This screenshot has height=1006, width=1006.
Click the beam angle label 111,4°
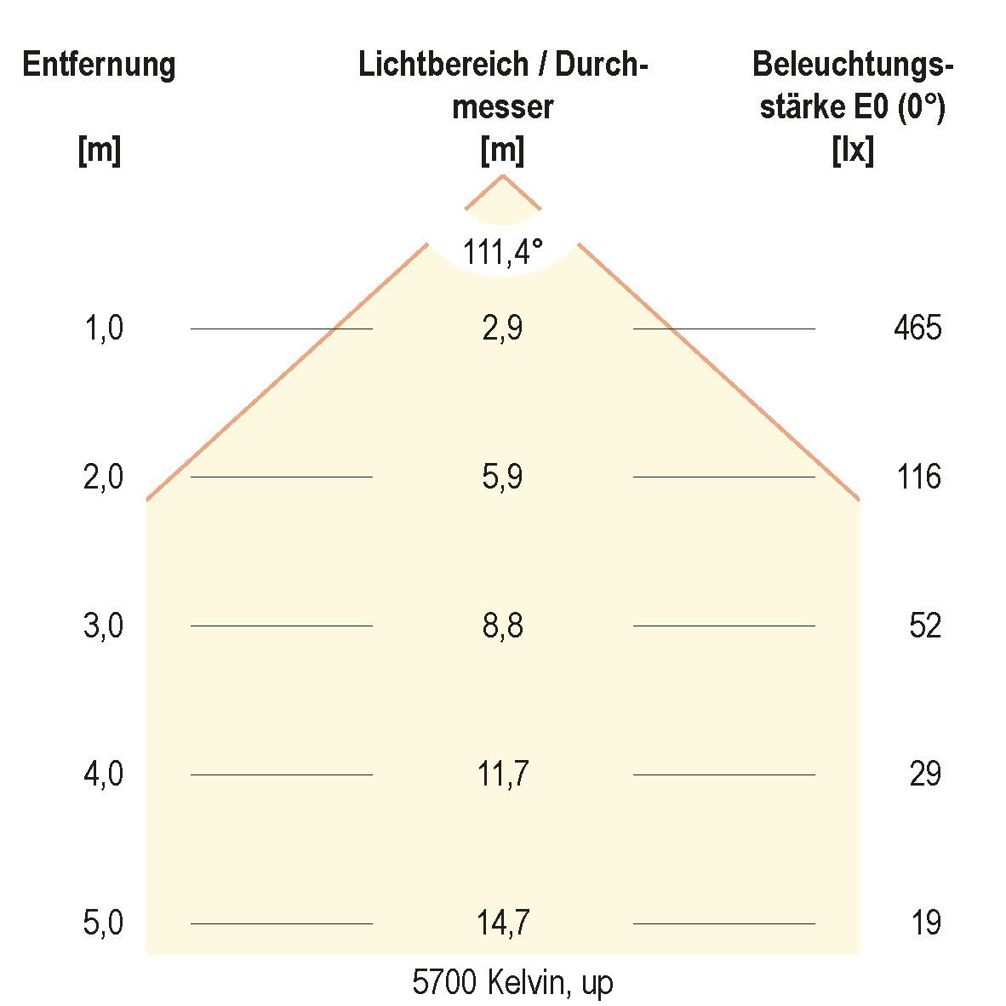click(x=502, y=252)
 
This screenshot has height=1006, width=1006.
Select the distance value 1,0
click(x=104, y=328)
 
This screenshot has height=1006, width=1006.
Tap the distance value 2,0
click(x=104, y=477)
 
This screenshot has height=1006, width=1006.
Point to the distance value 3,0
click(x=104, y=626)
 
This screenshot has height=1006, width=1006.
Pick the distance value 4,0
click(x=104, y=775)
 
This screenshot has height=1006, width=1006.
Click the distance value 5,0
click(x=104, y=923)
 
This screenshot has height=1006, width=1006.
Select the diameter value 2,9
click(x=502, y=328)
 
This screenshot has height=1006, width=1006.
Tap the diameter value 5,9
click(x=502, y=477)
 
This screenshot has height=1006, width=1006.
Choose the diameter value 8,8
click(x=502, y=626)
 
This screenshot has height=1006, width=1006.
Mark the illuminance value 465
click(x=918, y=328)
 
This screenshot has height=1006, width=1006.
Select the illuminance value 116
click(x=919, y=477)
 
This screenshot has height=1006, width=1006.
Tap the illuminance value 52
click(x=925, y=626)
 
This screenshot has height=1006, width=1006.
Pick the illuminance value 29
click(x=925, y=775)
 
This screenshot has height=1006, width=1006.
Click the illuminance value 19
click(x=926, y=923)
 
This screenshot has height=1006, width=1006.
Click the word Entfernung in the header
click(x=100, y=65)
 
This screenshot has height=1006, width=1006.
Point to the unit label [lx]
click(x=853, y=151)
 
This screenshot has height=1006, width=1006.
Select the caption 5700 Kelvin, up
click(x=512, y=983)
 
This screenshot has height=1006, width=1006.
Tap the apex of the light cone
click(x=503, y=175)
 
